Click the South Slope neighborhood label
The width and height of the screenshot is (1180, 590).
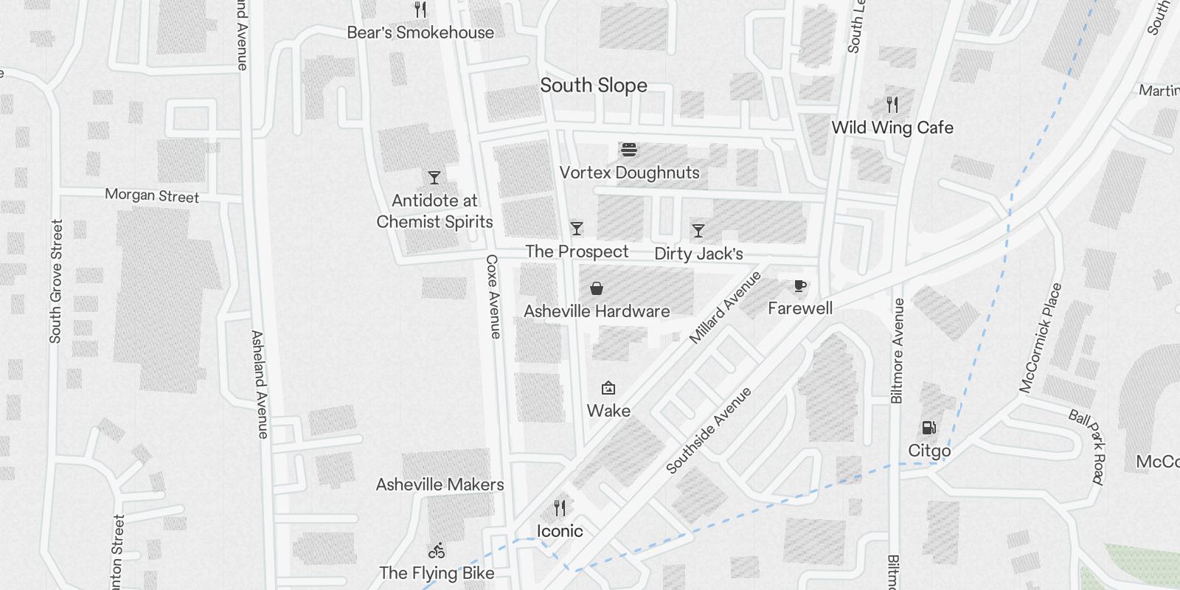pyautogui.click(x=594, y=86)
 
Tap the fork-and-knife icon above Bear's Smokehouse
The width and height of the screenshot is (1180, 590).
pyautogui.click(x=420, y=10)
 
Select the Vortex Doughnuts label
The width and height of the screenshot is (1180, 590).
pyautogui.click(x=629, y=173)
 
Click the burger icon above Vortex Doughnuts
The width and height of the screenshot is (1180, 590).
pyautogui.click(x=629, y=150)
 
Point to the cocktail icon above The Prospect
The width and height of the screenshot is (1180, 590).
pyautogui.click(x=577, y=229)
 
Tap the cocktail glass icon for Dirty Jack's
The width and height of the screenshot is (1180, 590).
pyautogui.click(x=698, y=231)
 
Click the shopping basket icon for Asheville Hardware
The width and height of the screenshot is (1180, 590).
pyautogui.click(x=597, y=288)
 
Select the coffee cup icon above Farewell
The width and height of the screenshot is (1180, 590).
pyautogui.click(x=799, y=286)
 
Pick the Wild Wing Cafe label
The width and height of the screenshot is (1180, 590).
pyautogui.click(x=892, y=128)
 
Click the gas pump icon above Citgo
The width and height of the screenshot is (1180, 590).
pyautogui.click(x=929, y=428)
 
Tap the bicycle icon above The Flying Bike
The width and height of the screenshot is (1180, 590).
pyautogui.click(x=437, y=550)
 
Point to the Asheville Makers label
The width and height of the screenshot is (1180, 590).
pyautogui.click(x=440, y=485)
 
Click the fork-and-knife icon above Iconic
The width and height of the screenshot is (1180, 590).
pyautogui.click(x=560, y=508)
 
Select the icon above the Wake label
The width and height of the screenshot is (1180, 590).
pyautogui.click(x=608, y=388)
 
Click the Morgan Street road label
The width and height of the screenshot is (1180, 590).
pyautogui.click(x=152, y=195)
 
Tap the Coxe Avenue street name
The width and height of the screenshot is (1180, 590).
pyautogui.click(x=493, y=297)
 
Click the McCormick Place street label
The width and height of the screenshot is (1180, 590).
pyautogui.click(x=1041, y=338)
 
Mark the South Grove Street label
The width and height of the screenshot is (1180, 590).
pyautogui.click(x=56, y=281)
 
